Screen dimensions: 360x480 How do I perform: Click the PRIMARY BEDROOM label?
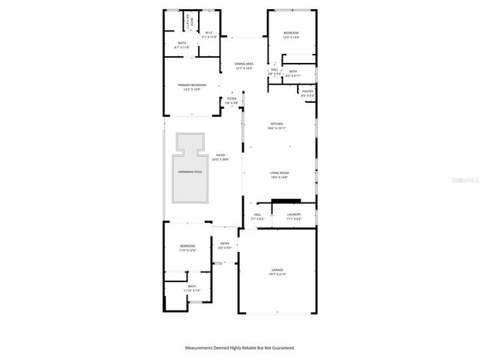(x=192, y=85)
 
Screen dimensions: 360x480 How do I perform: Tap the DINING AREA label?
(x=244, y=64)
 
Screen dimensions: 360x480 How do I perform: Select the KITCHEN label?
(x=277, y=124)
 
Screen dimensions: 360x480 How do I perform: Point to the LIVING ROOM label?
(x=280, y=172)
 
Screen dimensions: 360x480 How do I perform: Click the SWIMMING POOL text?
(x=190, y=172)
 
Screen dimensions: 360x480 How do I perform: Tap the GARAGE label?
(x=277, y=269)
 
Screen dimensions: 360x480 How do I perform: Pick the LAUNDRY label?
(x=294, y=214)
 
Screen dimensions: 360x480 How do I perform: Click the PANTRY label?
(x=307, y=91)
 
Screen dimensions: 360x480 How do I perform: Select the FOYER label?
(x=232, y=99)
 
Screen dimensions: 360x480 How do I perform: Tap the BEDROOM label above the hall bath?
(x=291, y=33)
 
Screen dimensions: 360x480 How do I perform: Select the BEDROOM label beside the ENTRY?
(x=187, y=246)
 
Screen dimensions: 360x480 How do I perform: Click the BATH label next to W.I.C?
(x=181, y=43)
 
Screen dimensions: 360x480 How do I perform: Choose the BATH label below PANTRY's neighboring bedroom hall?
(x=293, y=71)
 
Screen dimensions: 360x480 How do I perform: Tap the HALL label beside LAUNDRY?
(x=257, y=214)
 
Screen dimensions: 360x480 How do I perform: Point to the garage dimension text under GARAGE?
(x=277, y=274)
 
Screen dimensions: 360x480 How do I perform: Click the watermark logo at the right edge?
(x=469, y=180)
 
